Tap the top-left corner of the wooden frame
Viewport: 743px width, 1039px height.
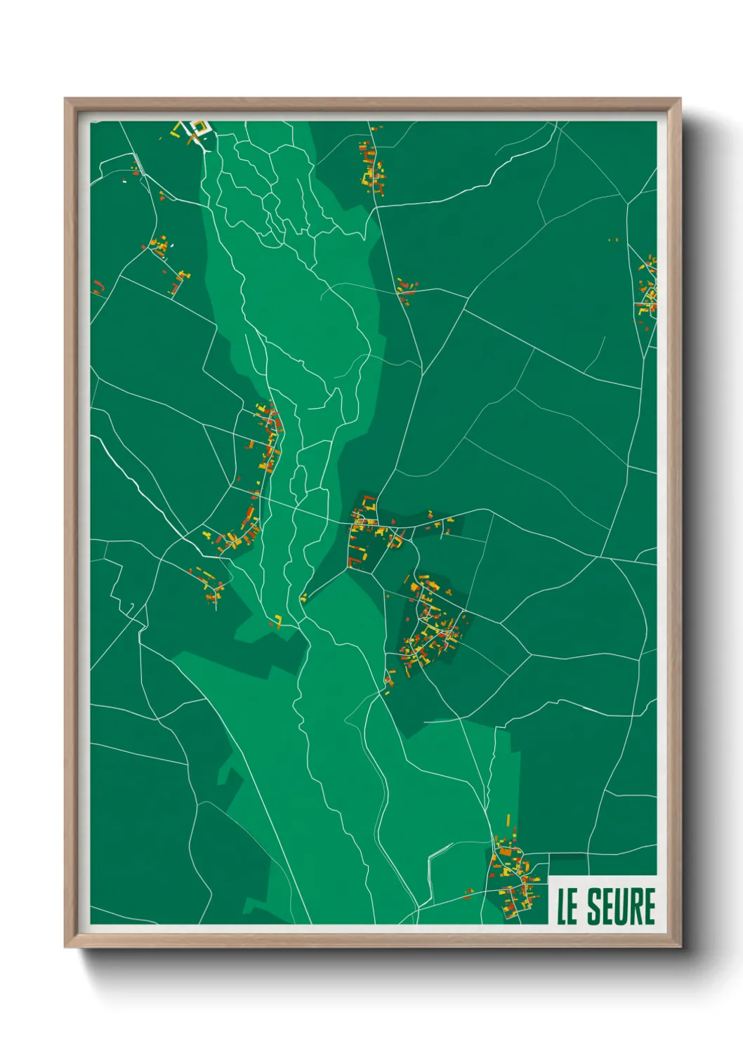65,99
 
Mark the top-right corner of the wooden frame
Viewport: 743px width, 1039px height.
680,99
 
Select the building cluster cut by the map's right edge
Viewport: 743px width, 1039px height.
647,288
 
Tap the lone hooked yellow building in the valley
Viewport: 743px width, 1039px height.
277,621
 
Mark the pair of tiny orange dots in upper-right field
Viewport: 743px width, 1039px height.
613,240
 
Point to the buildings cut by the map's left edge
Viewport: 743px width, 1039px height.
97,287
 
